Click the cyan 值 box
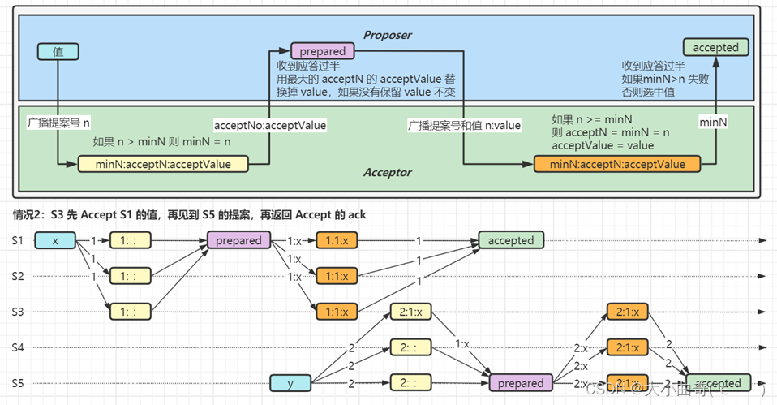58,52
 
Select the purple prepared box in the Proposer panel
322,51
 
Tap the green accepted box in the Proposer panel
715,48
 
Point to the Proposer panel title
387,35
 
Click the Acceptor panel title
387,173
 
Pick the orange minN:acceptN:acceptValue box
616,164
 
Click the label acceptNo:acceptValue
270,125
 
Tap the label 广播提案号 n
58,123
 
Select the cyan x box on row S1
55,241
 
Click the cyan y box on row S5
290,382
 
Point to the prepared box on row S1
238,241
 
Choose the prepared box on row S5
520,383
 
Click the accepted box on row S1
511,241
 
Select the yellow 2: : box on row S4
410,347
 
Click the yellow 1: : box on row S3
129,312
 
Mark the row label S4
19,347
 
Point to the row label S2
19,276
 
